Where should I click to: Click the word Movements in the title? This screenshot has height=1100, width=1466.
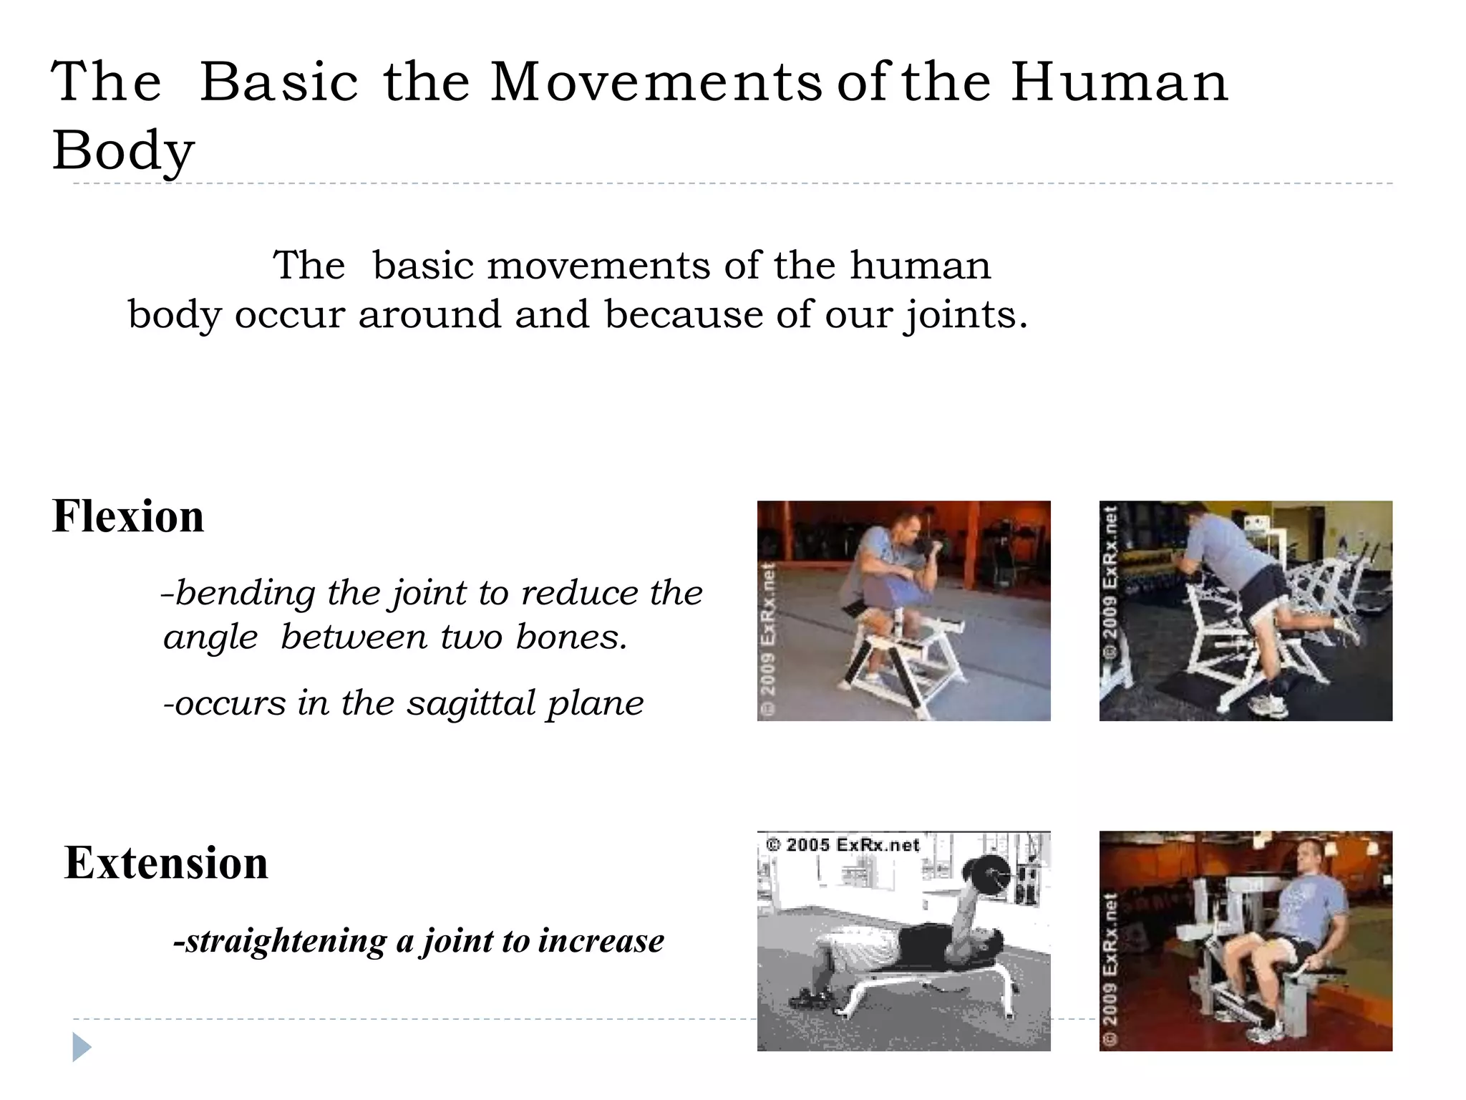[656, 82]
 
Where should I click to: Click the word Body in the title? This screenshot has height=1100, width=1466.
[123, 152]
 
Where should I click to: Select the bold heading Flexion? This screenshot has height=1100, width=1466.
[128, 516]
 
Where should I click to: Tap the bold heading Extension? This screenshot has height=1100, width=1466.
[166, 863]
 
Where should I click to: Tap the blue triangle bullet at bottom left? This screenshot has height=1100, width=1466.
[82, 1048]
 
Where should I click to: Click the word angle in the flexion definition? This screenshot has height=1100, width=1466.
[210, 637]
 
